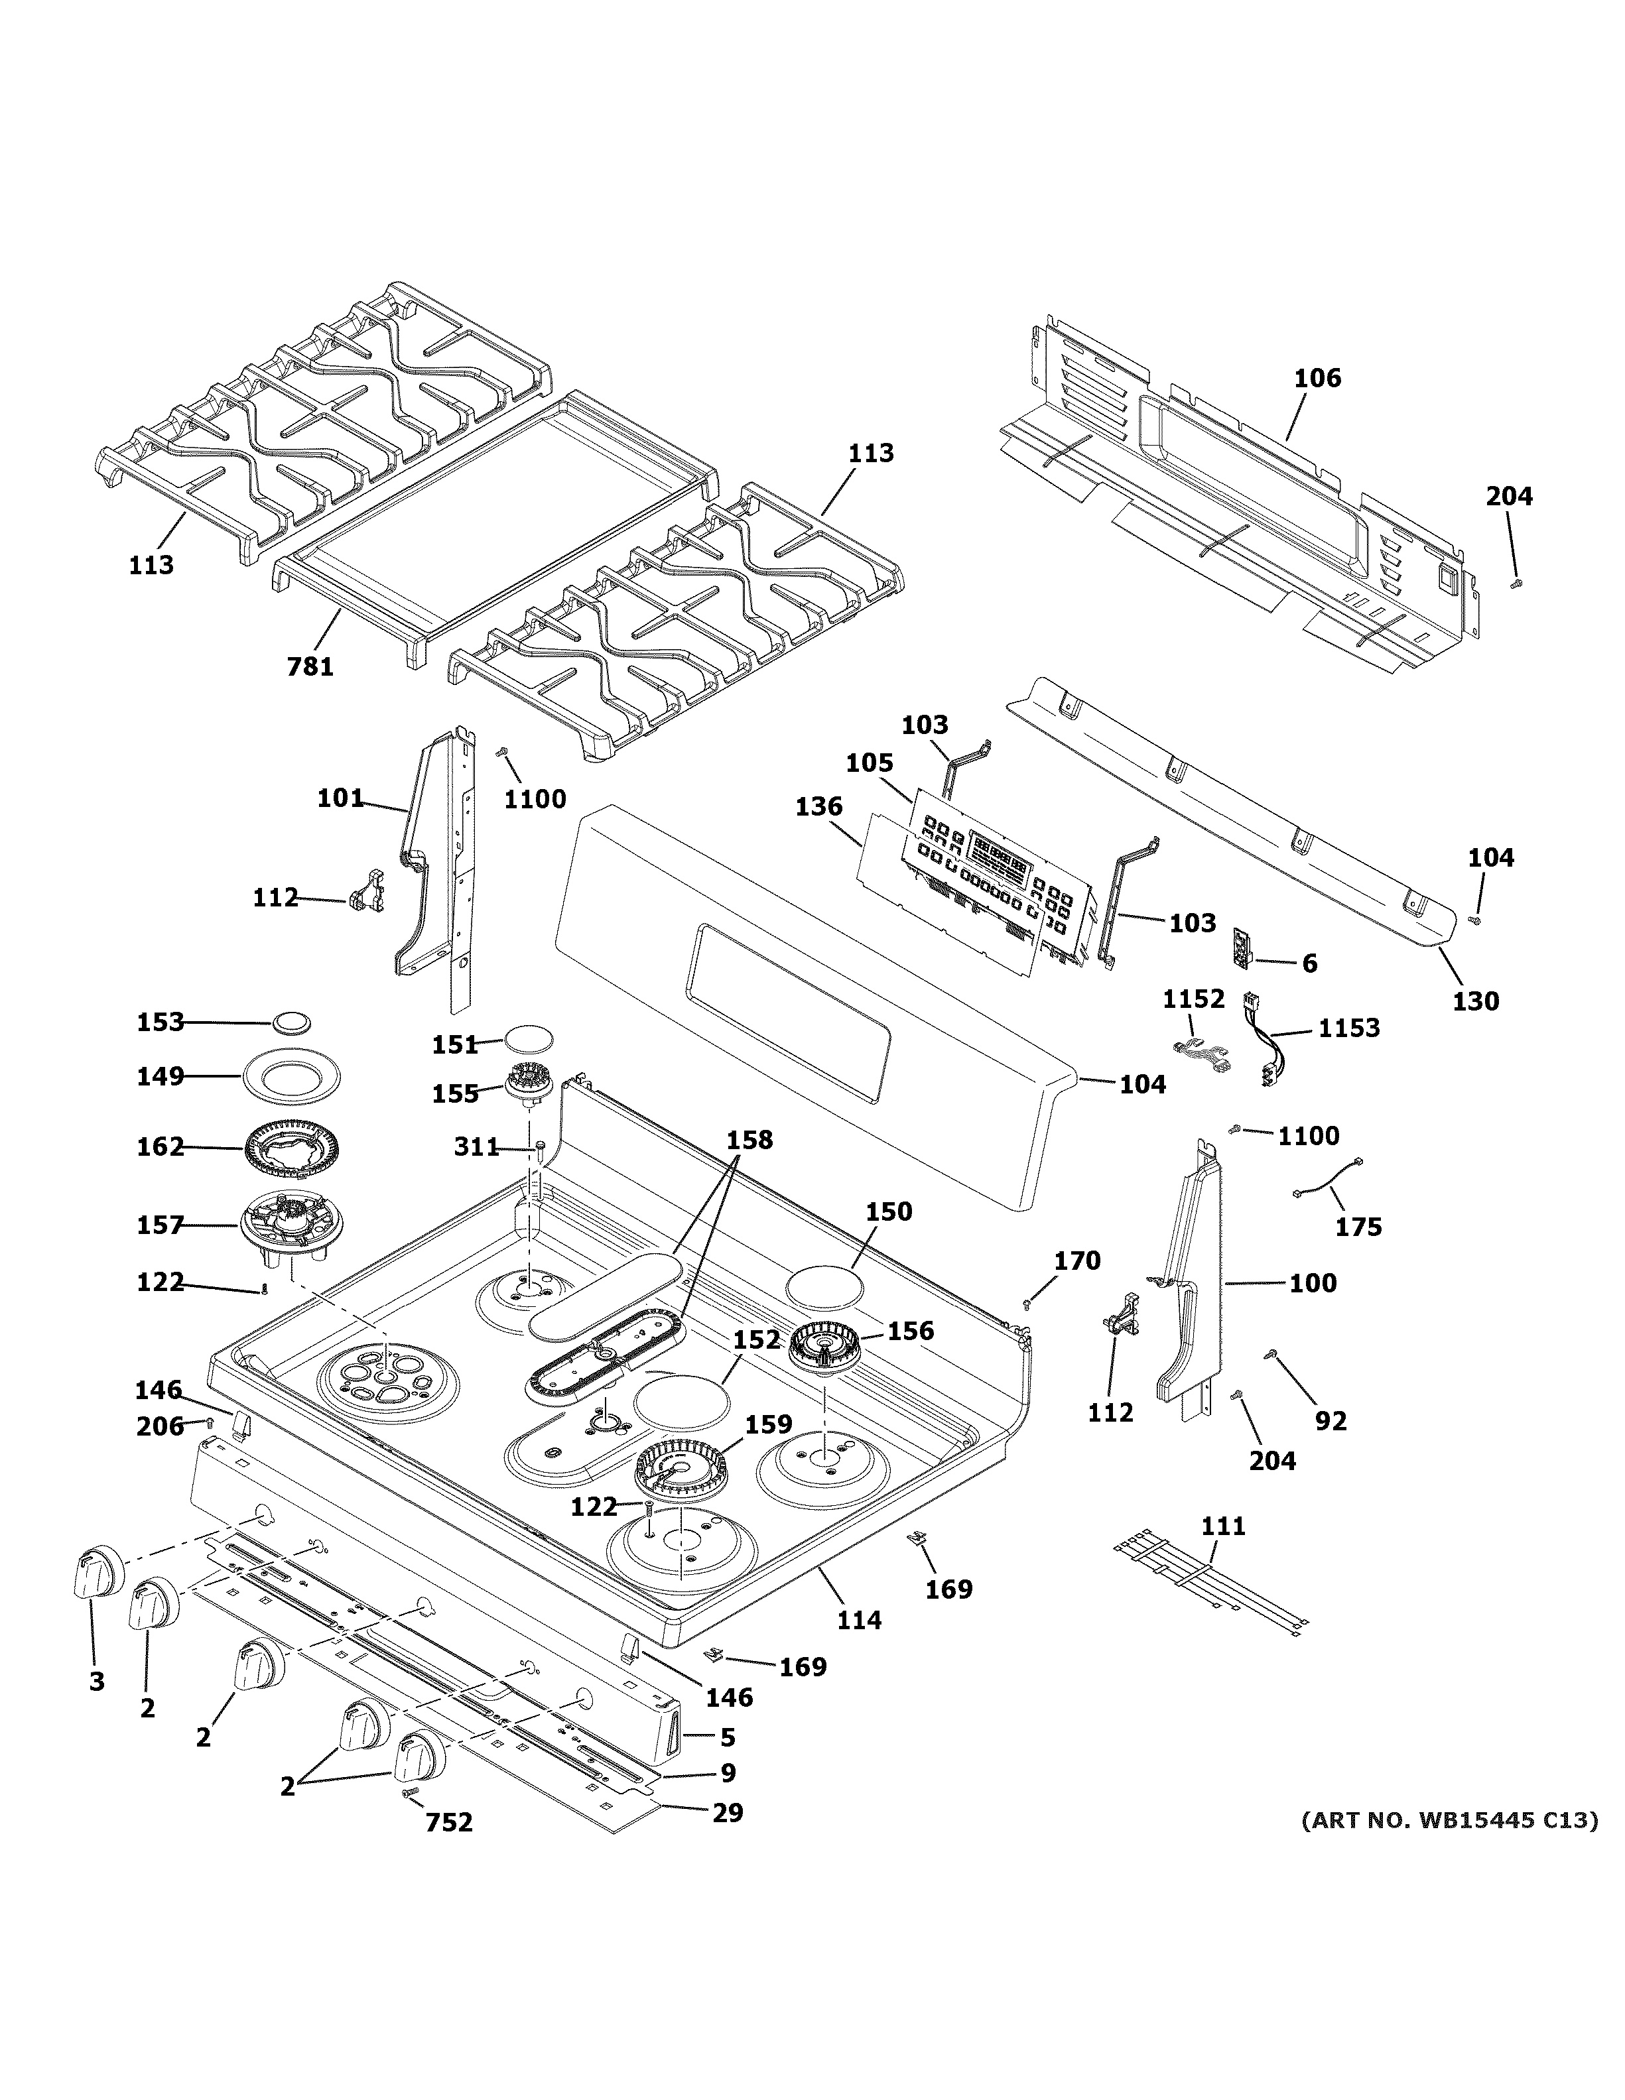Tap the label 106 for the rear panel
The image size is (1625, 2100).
coord(1317,378)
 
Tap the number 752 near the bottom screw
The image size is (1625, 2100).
coord(449,1822)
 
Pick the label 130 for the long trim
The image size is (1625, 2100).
coord(1475,1001)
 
